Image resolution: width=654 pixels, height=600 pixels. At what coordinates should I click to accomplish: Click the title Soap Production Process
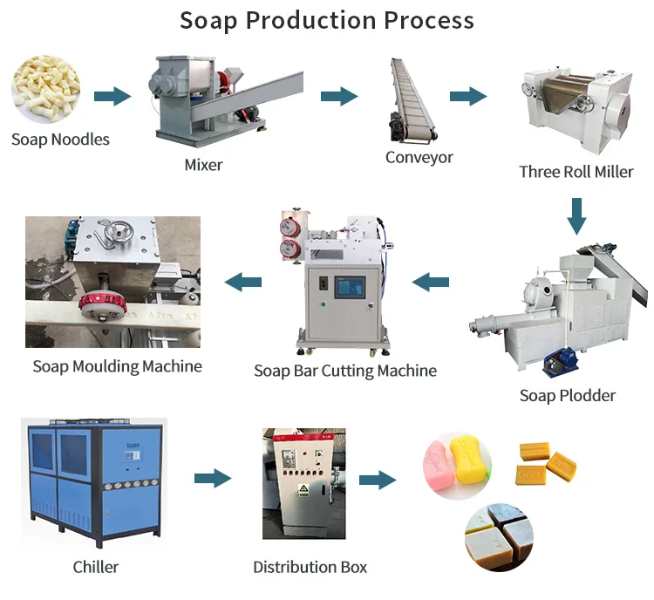point(327,21)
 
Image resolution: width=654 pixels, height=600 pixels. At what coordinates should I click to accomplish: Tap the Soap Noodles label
point(61,140)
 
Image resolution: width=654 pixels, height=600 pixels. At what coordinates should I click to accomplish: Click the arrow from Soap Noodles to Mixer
point(112,96)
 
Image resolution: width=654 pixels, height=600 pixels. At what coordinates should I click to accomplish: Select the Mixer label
point(203,164)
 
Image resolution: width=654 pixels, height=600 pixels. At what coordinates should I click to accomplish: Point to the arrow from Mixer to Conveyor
point(339,96)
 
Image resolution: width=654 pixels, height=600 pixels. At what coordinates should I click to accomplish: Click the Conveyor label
point(419,157)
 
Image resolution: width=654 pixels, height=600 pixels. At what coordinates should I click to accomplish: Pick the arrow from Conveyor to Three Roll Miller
point(467,96)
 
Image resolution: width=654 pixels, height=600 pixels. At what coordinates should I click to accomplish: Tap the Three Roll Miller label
point(576,172)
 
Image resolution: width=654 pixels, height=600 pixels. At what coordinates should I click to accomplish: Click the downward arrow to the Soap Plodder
point(576,215)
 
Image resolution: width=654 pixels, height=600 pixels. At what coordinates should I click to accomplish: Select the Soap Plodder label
point(568,395)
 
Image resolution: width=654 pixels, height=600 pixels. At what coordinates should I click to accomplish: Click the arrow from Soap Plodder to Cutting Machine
point(430,282)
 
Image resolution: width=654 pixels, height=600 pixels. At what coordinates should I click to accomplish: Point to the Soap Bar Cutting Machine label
point(345,371)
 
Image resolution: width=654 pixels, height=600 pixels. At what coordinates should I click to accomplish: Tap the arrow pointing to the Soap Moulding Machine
point(243,282)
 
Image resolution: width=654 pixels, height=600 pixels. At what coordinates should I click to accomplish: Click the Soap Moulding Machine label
point(117,366)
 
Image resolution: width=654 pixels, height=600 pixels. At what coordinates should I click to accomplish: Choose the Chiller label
point(96,567)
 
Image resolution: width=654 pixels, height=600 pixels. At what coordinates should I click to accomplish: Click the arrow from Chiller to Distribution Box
point(212,478)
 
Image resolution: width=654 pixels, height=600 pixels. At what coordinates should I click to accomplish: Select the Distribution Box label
point(310,567)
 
